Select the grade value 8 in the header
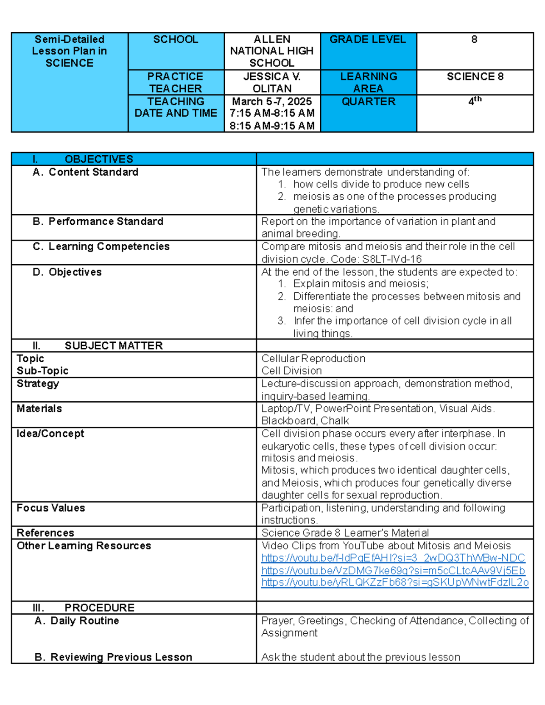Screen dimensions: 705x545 tap(474, 40)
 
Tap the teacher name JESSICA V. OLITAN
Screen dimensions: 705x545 tap(272, 83)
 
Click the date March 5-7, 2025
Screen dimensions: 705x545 tap(272, 101)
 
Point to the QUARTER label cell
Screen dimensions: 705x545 tap(368, 102)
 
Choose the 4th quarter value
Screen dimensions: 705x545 tap(475, 101)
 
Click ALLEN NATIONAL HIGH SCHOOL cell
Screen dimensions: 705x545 tap(272, 51)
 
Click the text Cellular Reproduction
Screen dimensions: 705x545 tap(313, 359)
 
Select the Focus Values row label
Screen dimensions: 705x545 tap(51, 508)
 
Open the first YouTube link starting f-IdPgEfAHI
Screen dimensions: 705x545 tap(393, 558)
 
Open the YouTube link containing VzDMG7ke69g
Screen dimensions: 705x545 tap(393, 571)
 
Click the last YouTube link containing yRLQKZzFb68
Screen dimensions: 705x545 tap(395, 583)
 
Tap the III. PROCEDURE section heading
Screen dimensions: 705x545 tap(99, 608)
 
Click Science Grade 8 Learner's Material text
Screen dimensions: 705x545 tap(345, 533)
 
